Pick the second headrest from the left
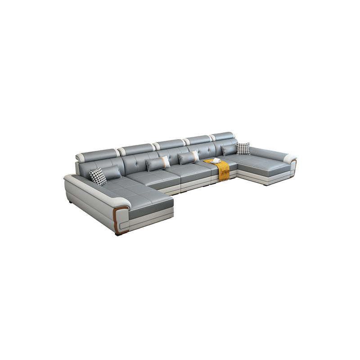[x=136, y=149]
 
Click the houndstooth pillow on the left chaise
[x=98, y=176]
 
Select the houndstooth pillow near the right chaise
[x=243, y=148]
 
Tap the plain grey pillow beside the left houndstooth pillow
[x=111, y=171]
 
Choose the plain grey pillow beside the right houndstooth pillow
[x=229, y=149]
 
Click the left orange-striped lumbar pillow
[x=158, y=163]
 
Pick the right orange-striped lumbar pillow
[x=188, y=157]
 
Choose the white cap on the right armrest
[x=289, y=158]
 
